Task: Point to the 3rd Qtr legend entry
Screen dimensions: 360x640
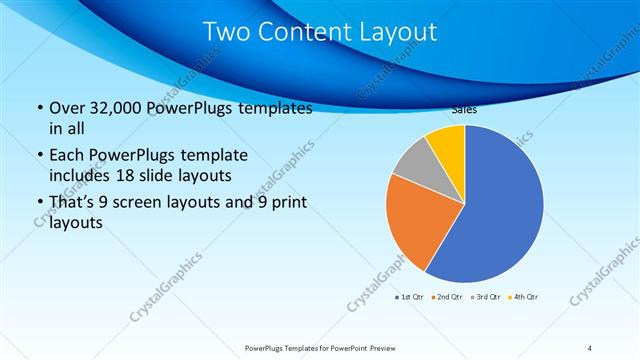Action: (x=489, y=297)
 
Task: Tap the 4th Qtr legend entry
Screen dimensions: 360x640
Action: (x=525, y=297)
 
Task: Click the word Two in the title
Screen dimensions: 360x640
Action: (x=226, y=32)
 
